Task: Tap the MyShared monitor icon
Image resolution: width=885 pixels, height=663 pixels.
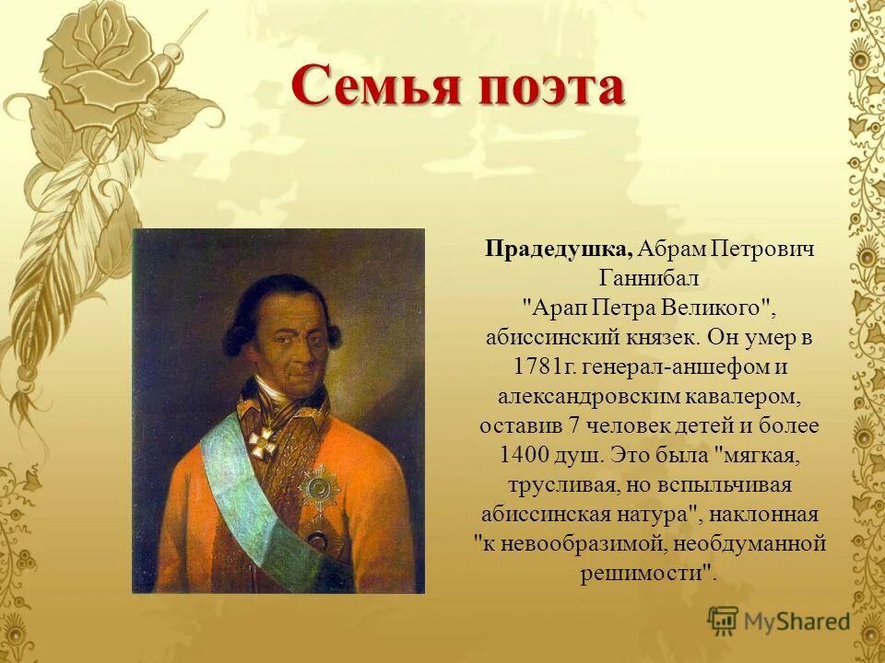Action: [724, 622]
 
